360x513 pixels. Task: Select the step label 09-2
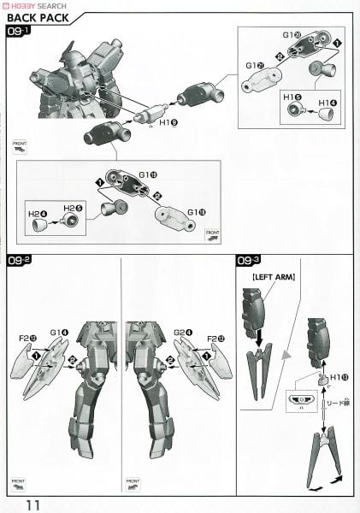pos(18,263)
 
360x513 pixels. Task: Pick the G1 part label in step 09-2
pos(58,333)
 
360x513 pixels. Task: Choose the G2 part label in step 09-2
pos(185,333)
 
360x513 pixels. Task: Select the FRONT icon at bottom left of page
pos(18,485)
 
